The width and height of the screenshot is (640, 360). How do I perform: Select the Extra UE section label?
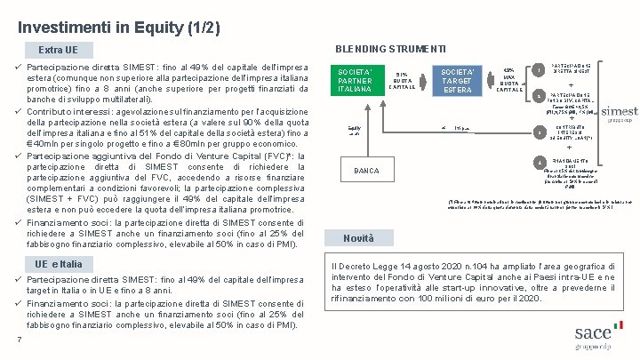coord(59,49)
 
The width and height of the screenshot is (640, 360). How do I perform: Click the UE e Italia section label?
coord(59,264)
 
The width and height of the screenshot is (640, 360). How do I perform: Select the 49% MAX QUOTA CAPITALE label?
coord(508,79)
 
